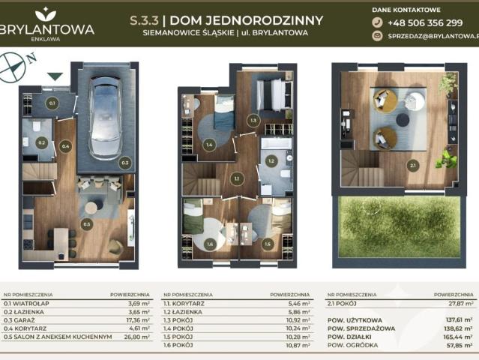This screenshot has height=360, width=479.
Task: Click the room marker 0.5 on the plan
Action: pos(87,223)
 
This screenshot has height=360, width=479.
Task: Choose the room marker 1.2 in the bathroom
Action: pos(272,160)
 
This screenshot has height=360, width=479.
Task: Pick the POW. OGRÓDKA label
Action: pos(351,344)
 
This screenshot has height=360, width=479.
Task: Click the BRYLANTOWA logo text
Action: pos(48,29)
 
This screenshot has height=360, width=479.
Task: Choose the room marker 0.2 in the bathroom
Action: pos(42,142)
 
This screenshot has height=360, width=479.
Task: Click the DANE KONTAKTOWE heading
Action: pos(406,9)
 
